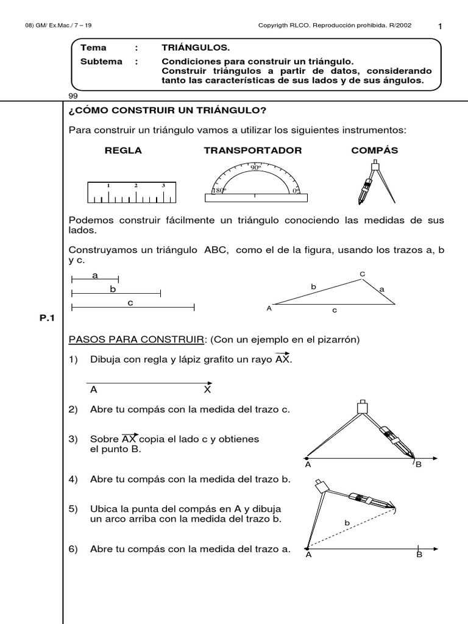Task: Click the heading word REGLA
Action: [123, 151]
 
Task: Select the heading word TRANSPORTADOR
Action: [252, 151]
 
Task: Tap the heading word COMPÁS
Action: [374, 151]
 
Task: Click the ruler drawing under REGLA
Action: [130, 193]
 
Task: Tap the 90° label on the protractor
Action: [255, 167]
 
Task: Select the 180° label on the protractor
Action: [218, 190]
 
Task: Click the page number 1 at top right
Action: [440, 26]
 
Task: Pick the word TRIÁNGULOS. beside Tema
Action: [196, 48]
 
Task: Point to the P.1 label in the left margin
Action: [47, 317]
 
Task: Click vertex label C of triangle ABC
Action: [361, 274]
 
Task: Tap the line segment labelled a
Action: [95, 280]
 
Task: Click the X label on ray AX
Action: [207, 389]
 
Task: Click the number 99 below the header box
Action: [73, 96]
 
